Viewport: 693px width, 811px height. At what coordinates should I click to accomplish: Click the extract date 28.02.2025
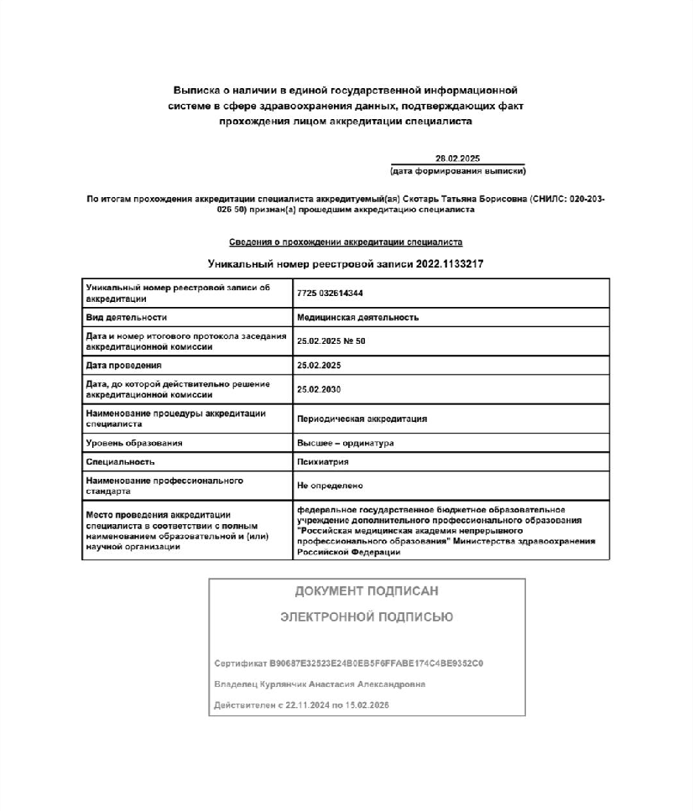457,159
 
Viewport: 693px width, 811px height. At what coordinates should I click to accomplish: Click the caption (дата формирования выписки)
457,171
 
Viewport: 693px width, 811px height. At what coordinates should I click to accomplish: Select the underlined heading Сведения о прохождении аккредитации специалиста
346,242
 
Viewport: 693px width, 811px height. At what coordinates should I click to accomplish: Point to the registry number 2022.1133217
448,264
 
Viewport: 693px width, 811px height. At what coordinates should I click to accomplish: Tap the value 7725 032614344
323,293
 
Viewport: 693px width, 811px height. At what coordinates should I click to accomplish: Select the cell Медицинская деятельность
357,318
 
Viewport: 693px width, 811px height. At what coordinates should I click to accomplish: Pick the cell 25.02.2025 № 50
331,341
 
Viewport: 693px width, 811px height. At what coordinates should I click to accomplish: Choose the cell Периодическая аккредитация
362,418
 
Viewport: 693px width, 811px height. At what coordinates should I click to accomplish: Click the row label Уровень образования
134,443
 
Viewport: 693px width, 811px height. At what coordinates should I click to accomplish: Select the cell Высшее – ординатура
345,443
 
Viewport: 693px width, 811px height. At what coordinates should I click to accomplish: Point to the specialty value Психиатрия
323,462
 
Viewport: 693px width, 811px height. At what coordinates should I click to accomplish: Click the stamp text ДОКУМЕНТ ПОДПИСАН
367,591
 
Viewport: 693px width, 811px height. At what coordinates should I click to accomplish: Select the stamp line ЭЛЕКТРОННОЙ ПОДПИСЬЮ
367,617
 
